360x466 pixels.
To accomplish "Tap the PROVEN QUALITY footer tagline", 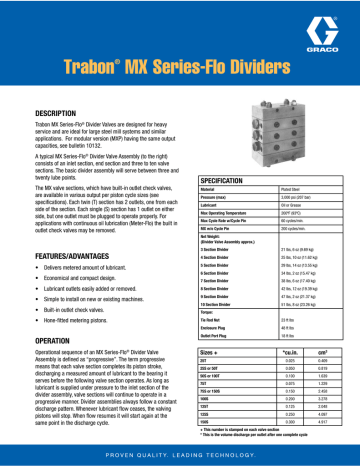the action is (179, 455).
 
